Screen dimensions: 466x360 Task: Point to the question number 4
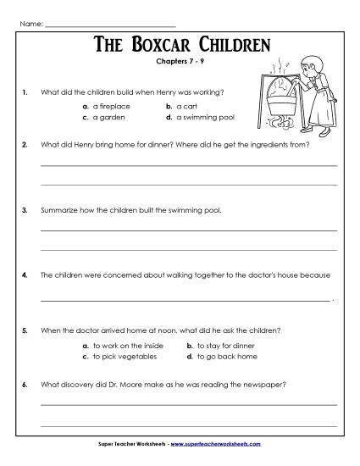click(26, 275)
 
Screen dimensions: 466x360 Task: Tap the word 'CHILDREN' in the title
click(233, 43)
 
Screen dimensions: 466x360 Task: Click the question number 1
click(26, 90)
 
